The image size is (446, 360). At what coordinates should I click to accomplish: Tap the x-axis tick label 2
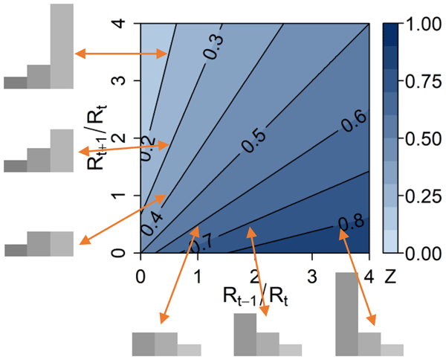(x=254, y=274)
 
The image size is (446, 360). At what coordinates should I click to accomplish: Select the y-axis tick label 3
(x=126, y=81)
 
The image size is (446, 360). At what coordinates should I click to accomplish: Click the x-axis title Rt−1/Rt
(x=254, y=297)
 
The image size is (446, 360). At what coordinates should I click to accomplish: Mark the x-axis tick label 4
(x=369, y=274)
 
